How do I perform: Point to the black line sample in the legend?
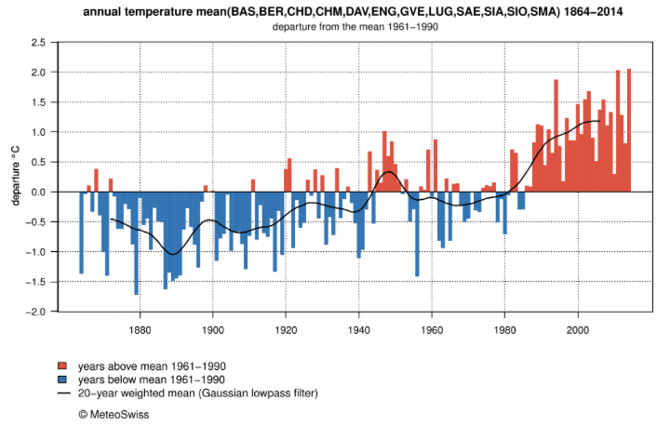tap(62, 393)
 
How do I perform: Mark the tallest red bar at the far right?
tap(629, 130)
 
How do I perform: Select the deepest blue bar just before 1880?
tap(136, 243)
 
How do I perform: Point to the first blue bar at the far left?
tap(81, 233)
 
